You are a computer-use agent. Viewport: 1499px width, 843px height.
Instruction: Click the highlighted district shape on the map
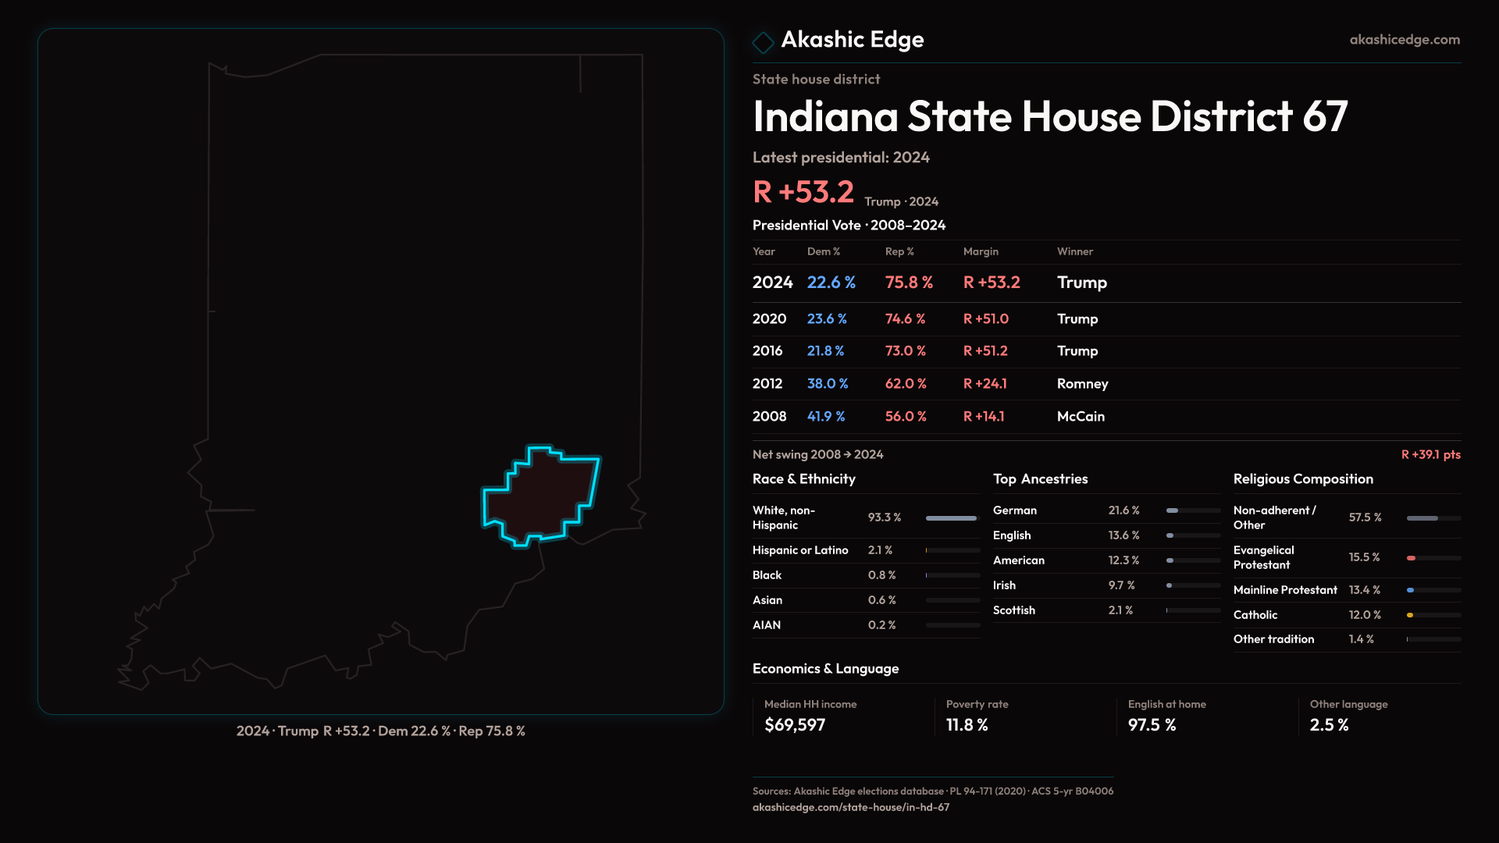tap(543, 496)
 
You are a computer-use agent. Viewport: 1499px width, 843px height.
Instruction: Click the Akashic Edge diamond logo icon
tap(763, 42)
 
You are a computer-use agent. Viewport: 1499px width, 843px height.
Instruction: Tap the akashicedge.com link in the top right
tap(1405, 40)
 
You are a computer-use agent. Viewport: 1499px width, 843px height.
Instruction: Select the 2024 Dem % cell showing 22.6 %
tap(831, 283)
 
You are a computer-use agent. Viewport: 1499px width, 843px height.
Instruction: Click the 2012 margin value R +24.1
tap(984, 384)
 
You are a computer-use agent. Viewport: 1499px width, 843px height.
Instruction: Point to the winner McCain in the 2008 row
tap(1081, 417)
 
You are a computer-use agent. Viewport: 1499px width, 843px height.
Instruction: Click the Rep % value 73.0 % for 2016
tap(905, 351)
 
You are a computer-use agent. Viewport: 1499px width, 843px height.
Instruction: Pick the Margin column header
tap(981, 251)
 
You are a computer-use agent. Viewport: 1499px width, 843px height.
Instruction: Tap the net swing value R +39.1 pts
tap(1430, 454)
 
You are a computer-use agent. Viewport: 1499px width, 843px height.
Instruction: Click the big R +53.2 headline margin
tap(803, 192)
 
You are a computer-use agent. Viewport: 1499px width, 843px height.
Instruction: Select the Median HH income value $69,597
tap(795, 725)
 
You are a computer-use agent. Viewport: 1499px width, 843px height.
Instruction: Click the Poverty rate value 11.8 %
tap(967, 725)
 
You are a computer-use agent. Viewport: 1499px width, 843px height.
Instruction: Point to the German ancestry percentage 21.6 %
tap(1123, 510)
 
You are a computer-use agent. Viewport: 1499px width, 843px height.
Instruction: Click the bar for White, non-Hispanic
tap(951, 518)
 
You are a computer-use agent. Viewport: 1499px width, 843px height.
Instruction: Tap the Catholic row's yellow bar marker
tap(1410, 615)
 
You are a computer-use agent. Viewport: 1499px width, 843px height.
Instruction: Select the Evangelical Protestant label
tap(1263, 557)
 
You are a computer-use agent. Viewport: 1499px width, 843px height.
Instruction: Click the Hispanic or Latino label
tap(800, 550)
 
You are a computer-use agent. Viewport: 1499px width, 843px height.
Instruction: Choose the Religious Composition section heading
tap(1303, 479)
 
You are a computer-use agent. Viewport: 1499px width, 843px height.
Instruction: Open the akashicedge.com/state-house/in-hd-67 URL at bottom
tap(851, 807)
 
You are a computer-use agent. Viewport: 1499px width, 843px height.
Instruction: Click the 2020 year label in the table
tap(769, 319)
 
